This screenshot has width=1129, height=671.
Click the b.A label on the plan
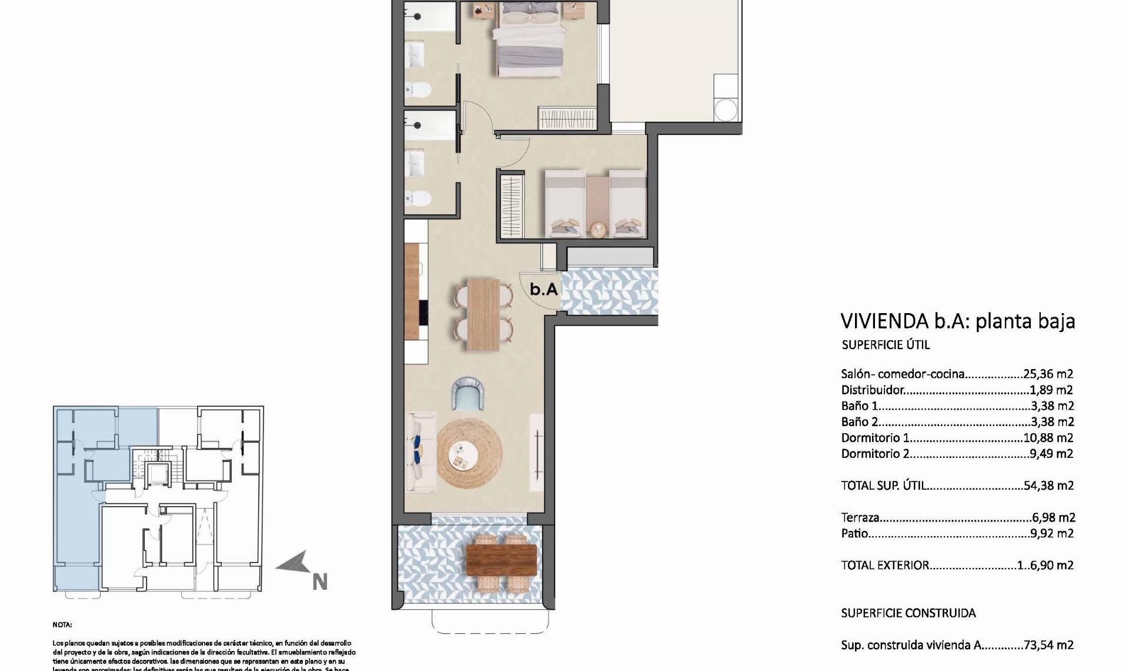click(543, 289)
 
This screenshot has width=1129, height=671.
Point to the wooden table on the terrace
click(501, 559)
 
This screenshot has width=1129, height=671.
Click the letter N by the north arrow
click(319, 582)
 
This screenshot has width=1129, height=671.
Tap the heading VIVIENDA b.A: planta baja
click(957, 321)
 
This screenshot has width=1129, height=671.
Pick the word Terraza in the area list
click(860, 518)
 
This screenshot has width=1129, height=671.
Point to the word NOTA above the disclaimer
click(62, 625)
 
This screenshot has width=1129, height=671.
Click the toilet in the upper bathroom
click(420, 89)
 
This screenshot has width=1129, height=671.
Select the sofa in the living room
click(422, 452)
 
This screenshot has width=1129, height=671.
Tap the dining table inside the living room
click(483, 314)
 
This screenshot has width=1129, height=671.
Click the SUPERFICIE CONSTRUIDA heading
click(908, 613)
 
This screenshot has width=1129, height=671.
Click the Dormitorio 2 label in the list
click(875, 454)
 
